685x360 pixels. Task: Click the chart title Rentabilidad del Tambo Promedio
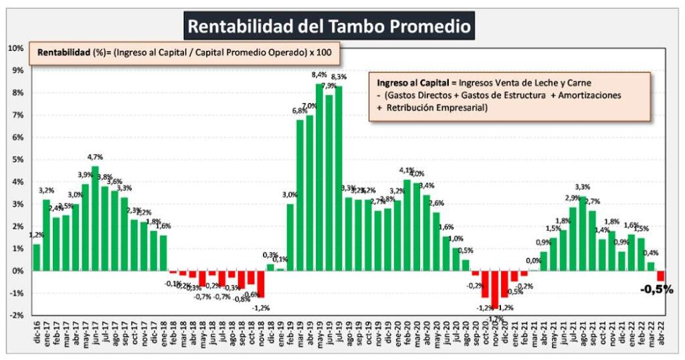click(x=329, y=26)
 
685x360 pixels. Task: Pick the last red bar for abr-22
click(x=661, y=276)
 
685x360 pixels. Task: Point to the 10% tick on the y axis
click(x=16, y=48)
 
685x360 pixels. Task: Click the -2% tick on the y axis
click(x=16, y=315)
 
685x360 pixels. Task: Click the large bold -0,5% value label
click(x=656, y=290)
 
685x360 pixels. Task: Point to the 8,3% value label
click(x=338, y=77)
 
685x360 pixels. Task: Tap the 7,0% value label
click(x=310, y=106)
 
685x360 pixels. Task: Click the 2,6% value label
click(x=436, y=203)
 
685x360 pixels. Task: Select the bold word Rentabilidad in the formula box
click(x=64, y=52)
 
